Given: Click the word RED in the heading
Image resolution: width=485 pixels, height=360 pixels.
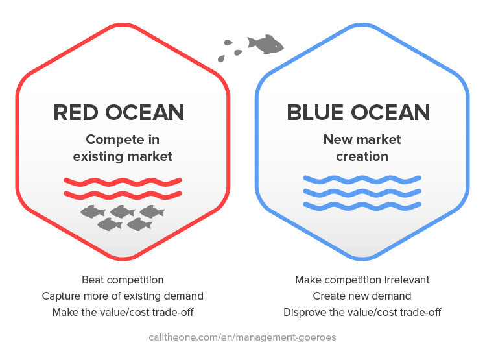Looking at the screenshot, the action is coord(76,112).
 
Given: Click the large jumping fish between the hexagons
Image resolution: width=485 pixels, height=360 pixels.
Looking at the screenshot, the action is coord(265,44).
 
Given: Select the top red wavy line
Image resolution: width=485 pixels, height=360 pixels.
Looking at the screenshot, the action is coord(123,182).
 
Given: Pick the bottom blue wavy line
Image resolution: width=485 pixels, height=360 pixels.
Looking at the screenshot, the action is coord(362,206).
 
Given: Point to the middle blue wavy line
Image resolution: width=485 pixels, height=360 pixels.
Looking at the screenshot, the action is coord(362,193).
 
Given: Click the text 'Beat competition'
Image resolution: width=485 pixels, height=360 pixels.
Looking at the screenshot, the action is coord(123,280).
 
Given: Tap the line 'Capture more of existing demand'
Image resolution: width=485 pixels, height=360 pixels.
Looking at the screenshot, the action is coord(123,296).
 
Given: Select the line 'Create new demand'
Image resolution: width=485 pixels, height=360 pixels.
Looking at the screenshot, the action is coord(362,296).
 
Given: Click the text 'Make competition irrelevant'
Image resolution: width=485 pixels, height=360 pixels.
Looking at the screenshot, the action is coord(362,280).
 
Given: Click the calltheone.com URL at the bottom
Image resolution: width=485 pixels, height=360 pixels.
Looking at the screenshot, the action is coord(242,337).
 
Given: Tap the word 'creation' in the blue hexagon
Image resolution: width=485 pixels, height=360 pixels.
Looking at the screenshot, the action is coord(362,156).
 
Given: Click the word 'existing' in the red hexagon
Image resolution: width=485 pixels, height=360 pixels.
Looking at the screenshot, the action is coord(98,157).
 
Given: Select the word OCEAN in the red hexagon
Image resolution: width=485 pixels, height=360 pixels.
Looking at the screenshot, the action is coord(145,112).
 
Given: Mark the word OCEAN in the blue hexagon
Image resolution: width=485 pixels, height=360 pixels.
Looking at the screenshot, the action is coord(390,112).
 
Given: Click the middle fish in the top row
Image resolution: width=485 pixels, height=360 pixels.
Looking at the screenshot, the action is coord(123,211).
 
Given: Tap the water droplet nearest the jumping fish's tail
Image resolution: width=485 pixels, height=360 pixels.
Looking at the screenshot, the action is coord(238,53).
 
